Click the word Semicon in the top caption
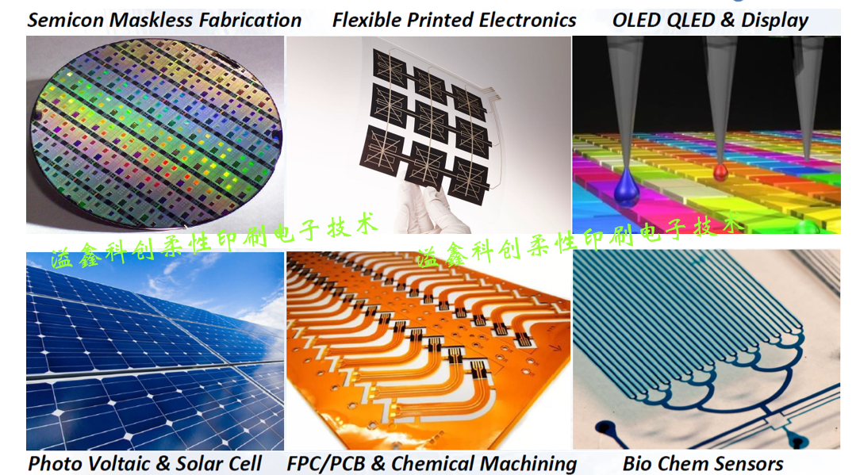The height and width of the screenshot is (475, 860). point(66,21)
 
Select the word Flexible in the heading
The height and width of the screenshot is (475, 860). point(367,21)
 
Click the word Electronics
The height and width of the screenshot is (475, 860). point(528,21)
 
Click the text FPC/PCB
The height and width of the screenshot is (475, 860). point(326,464)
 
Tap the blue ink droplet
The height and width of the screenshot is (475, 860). point(626,186)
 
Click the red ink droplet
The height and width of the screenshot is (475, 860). point(720,171)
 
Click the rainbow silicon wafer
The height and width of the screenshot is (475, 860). point(156,132)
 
